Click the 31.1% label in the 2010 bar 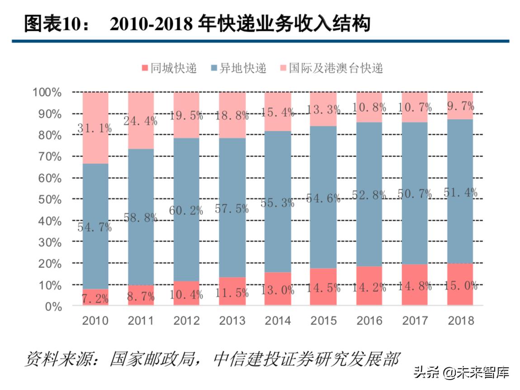pos(95,128)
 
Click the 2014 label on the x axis pos(278,321)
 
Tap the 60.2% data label pos(186,210)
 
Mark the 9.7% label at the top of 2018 pos(460,106)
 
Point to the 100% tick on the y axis pos(46,92)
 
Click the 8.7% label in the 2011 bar pos(141,297)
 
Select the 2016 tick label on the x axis pos(369,321)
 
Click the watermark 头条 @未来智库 pos(461,372)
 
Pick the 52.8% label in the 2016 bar pos(369,195)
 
